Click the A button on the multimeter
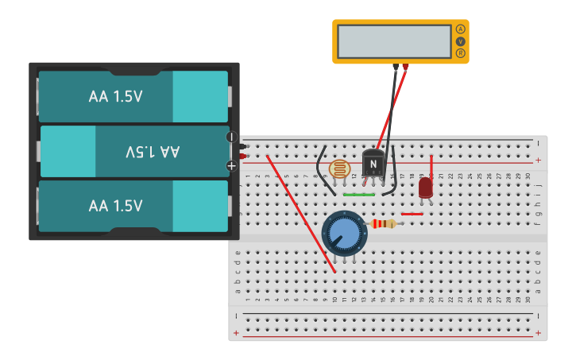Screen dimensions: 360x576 (460, 29)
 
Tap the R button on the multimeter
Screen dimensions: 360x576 (460, 53)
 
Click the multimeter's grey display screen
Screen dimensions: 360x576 (394, 41)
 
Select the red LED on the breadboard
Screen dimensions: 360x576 (425, 188)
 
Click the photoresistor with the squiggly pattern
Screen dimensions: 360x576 (339, 168)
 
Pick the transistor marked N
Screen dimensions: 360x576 (373, 165)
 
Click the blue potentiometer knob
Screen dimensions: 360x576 (344, 233)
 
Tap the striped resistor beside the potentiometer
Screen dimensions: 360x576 (383, 224)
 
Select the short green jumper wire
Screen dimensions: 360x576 (359, 194)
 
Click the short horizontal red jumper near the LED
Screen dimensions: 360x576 (412, 214)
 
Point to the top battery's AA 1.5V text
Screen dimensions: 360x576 (116, 96)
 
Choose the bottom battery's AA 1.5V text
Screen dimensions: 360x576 (116, 206)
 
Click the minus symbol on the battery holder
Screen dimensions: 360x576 (232, 137)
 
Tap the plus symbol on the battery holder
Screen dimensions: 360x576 (231, 165)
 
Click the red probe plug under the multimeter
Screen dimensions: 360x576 (406, 67)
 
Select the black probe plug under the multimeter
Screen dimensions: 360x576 (396, 67)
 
